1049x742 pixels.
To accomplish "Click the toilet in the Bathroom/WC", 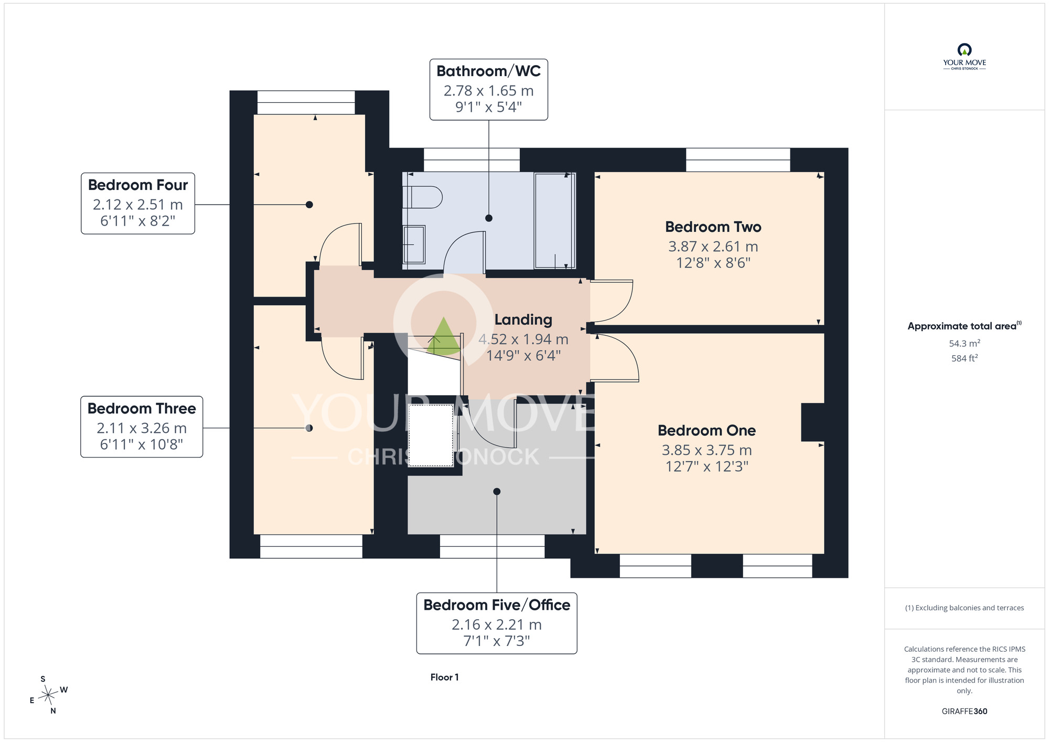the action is click(x=423, y=197).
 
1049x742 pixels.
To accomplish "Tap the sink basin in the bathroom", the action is click(x=414, y=245).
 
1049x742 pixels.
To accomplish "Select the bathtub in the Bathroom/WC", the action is click(x=554, y=220).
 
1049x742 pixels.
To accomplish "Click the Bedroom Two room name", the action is click(x=713, y=227).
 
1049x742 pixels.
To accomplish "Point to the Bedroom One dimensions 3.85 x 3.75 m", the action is click(x=707, y=450).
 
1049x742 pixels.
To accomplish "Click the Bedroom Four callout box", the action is click(x=138, y=203).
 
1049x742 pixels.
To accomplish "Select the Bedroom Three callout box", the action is click(x=142, y=427).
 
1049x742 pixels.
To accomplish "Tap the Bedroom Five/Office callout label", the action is click(x=497, y=623).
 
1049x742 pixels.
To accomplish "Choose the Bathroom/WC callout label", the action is click(x=489, y=90).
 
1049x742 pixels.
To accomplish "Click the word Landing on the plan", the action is click(x=523, y=320).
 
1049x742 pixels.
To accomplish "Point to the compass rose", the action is click(x=49, y=695).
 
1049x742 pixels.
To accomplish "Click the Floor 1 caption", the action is click(x=444, y=677).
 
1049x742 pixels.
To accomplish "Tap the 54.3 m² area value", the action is click(x=964, y=343).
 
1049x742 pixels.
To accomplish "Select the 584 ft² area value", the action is click(x=964, y=358).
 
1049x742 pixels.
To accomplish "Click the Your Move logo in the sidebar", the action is click(x=964, y=57).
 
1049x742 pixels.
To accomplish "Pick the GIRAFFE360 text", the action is click(x=964, y=711).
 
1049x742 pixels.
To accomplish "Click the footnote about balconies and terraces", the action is click(x=964, y=608).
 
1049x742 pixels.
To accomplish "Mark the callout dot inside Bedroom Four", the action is click(x=309, y=205).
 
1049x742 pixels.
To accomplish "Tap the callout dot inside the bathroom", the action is click(x=489, y=218).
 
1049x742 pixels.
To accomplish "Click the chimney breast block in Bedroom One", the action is click(x=812, y=422).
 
